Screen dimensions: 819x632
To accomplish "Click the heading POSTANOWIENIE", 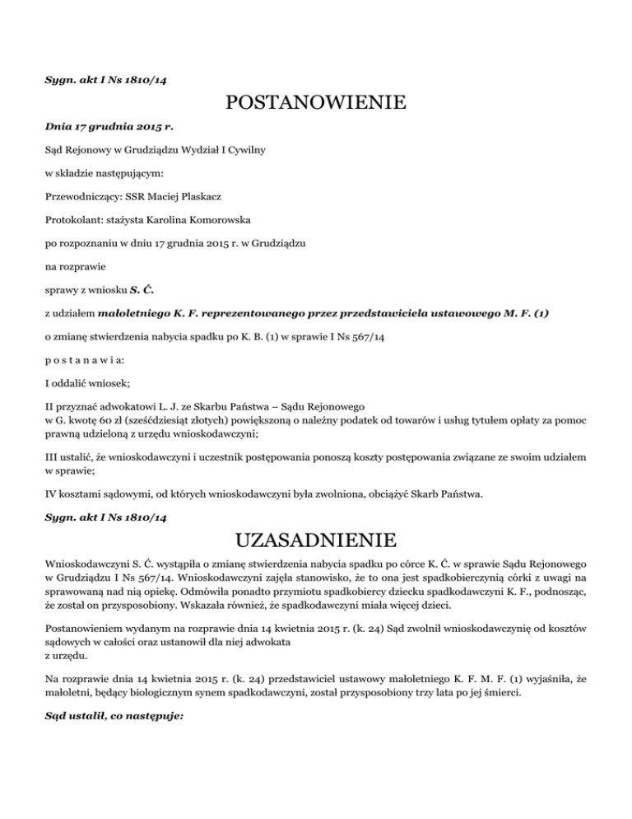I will coord(316,103).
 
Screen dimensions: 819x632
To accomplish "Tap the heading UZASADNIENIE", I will coord(316,541).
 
